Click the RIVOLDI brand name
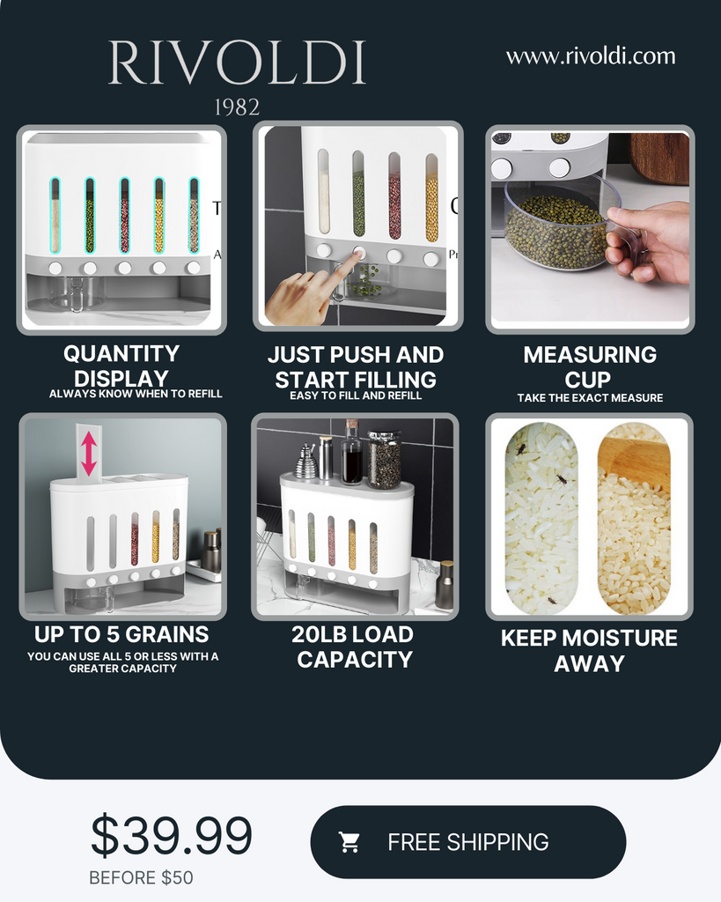click(x=237, y=63)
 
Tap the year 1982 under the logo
click(x=237, y=107)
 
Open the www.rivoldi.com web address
click(x=591, y=56)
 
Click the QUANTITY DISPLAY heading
click(x=121, y=366)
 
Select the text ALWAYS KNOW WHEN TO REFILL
click(x=136, y=394)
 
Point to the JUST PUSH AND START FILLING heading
click(x=356, y=367)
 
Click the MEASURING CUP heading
click(x=589, y=367)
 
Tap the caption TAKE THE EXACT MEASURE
click(x=590, y=398)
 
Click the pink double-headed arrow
click(x=89, y=452)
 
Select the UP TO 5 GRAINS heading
click(x=121, y=634)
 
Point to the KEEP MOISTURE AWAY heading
click(x=589, y=650)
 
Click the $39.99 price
click(x=172, y=836)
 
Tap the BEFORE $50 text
click(x=141, y=878)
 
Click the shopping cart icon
click(x=349, y=842)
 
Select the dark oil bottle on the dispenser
click(x=351, y=455)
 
